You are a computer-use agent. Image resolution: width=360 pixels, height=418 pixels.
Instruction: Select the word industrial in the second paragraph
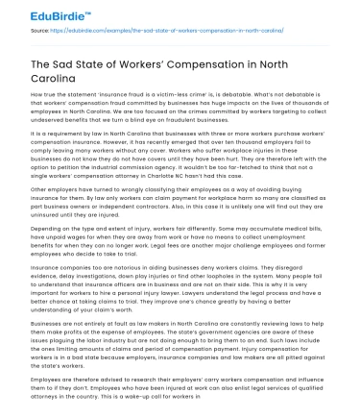pos(136,176)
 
